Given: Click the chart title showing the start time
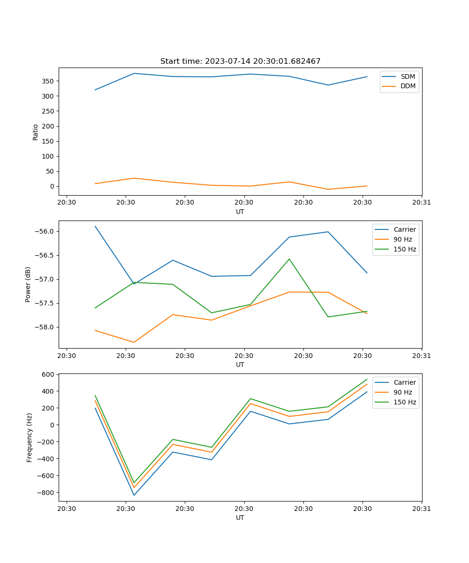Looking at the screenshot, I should [240, 61].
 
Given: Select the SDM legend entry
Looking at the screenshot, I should [408, 76].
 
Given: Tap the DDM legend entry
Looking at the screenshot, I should [408, 86].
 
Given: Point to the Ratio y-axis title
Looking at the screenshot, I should [36, 132].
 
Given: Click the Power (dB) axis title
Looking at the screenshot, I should [28, 284].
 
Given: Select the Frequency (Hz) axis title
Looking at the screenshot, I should [29, 437].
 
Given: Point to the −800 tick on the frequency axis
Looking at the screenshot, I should [46, 493].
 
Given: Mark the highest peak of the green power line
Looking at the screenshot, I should [289, 259].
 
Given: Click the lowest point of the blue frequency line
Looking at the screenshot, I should [134, 495].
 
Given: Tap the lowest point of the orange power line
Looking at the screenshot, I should [134, 342].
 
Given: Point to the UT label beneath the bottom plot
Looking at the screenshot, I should [240, 517].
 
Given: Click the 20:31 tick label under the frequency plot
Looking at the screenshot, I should [422, 508].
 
